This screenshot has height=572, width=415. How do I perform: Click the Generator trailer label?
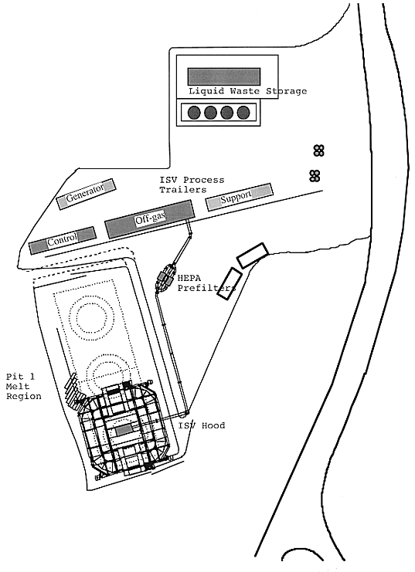pyautogui.click(x=86, y=193)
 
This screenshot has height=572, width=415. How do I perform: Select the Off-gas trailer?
pyautogui.click(x=149, y=219)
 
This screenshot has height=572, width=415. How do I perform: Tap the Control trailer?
pyautogui.click(x=63, y=240)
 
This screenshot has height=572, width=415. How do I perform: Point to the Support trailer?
pyautogui.click(x=240, y=197)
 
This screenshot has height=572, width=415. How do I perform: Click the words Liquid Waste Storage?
pyautogui.click(x=247, y=91)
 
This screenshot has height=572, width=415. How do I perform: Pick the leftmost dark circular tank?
pyautogui.click(x=194, y=113)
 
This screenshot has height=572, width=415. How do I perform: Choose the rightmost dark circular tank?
pyautogui.click(x=243, y=113)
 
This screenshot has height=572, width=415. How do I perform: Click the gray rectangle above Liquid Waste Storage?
pyautogui.click(x=224, y=76)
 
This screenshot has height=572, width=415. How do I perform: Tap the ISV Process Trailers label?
pyautogui.click(x=192, y=185)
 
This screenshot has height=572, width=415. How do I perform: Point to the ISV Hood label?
pyautogui.click(x=202, y=425)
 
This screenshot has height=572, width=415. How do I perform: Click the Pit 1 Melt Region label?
pyautogui.click(x=24, y=386)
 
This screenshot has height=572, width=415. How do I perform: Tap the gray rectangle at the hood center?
pyautogui.click(x=124, y=430)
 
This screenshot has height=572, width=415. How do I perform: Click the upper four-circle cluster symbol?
pyautogui.click(x=319, y=151)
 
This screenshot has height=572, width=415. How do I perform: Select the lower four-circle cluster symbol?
pyautogui.click(x=315, y=176)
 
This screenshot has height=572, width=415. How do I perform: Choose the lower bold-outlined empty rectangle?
pyautogui.click(x=230, y=284)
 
